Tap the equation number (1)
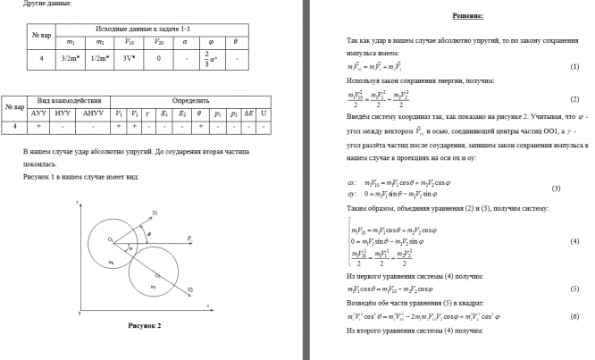574,68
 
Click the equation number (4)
574,241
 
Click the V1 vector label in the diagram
155,213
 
